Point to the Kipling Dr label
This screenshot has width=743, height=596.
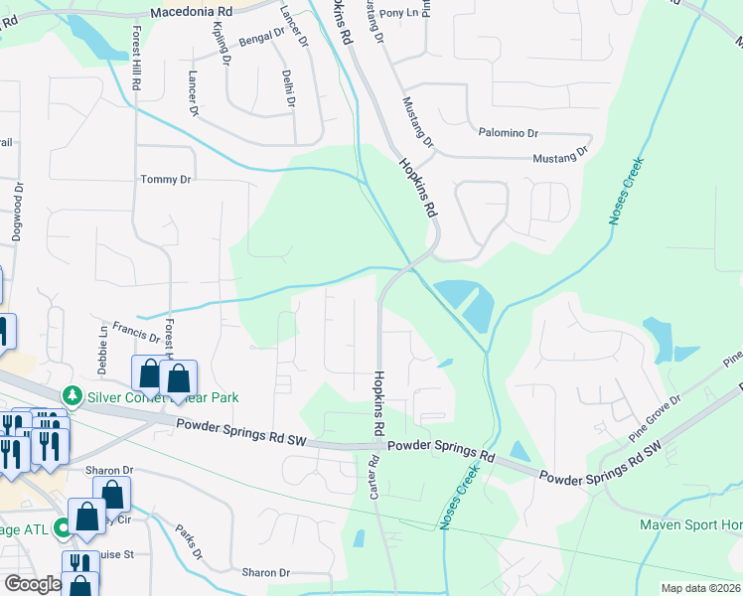221,46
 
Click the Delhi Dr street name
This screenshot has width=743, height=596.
287,86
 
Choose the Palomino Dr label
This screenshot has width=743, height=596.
509,132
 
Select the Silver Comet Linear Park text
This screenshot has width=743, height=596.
164,397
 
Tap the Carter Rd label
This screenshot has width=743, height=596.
374,478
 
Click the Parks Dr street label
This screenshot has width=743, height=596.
189,541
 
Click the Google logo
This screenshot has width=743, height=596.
33,584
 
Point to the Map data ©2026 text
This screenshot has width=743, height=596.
700,588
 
